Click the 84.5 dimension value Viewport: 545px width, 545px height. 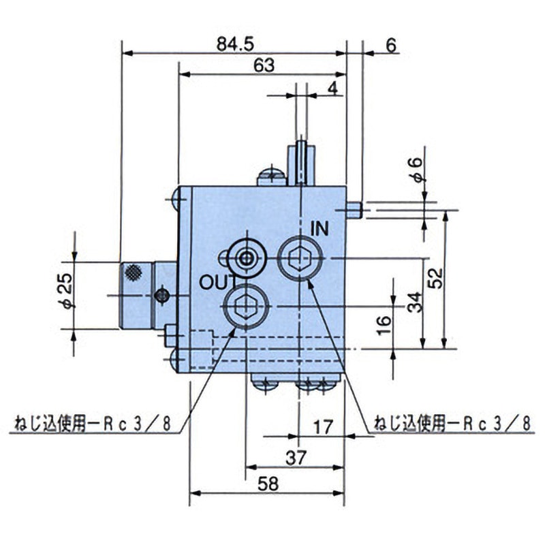[235, 45]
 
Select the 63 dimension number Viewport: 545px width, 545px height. [264, 65]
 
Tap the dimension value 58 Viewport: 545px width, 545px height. [268, 484]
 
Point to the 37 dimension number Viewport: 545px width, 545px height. [296, 458]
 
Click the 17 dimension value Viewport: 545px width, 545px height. [323, 427]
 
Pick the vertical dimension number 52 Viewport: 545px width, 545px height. [436, 278]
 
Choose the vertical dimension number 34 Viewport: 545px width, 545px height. [415, 302]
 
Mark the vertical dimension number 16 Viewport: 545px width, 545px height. [384, 326]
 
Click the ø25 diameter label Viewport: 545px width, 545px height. [66, 291]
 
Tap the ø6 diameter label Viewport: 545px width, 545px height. [416, 170]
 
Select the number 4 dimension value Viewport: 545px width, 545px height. [332, 89]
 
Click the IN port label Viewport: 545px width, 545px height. [320, 229]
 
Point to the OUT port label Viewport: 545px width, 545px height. [218, 283]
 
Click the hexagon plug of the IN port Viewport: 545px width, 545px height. [300, 258]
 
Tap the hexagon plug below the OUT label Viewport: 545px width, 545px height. [246, 307]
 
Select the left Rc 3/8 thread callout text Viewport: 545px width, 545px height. [92, 424]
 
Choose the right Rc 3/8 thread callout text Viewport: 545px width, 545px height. [452, 424]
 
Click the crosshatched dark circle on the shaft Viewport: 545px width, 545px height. [133, 273]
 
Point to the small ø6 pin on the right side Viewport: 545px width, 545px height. [354, 210]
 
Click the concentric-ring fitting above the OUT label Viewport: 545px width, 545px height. [247, 258]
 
